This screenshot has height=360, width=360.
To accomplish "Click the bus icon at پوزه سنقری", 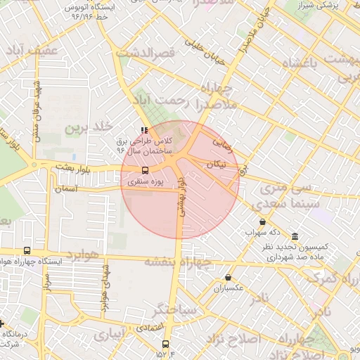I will point(146,170).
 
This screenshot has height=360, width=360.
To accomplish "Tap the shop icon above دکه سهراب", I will point(262,221).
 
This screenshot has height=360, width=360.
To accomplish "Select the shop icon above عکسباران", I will point(229,278).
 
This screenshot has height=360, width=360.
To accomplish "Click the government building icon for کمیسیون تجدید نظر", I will point(293,236).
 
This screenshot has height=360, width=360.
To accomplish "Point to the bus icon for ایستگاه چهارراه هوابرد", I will point(27,250).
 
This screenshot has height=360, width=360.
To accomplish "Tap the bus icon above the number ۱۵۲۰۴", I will point(166,344).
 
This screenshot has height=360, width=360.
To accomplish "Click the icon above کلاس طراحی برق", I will point(144,130).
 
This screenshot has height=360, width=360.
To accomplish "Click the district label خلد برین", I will point(89,127).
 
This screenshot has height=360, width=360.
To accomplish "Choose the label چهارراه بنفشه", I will point(178,262).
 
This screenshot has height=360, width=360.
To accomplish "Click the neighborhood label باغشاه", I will point(309,63).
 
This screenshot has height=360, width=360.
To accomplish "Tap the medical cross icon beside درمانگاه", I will point(2,324).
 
